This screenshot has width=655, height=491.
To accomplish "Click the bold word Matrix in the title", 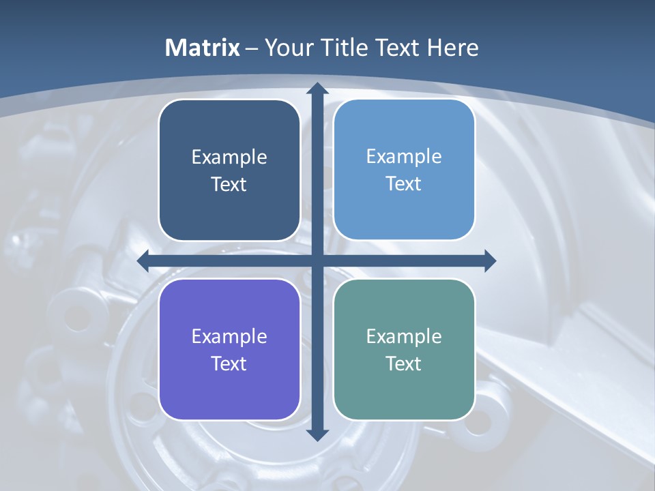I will pos(203,48).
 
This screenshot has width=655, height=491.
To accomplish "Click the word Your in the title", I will pos(286,48).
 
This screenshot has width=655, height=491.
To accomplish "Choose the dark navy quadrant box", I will pos(229,136).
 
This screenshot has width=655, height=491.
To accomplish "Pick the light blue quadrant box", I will pos(404,136).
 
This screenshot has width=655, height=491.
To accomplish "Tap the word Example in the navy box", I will pos(229,158).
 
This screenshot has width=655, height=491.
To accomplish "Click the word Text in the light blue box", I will pos(404,184).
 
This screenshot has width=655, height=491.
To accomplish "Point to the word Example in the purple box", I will pos(229,337).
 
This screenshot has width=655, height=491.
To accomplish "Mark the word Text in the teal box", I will pos(404,363).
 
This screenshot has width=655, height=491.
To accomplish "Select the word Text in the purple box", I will pos(229,363).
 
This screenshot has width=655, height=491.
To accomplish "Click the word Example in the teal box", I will pos(404,337).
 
